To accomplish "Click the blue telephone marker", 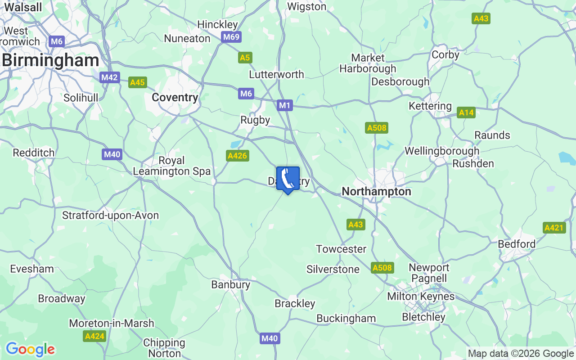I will coord(288,179).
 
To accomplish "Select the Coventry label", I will coord(175,97).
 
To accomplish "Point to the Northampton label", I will coord(376,191).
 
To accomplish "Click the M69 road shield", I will coord(231,37).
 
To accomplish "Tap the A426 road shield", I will coord(238,156).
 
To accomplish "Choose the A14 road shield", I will coord(466,112).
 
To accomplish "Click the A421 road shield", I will coord(554,228).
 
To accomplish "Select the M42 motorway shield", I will coord(109,77).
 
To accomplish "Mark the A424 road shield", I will coord(94,336).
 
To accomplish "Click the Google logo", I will coord(30,349).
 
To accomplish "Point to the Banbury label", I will coord(230,284).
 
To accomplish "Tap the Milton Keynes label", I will coord(421,297).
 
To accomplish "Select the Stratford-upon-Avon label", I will coord(110,215).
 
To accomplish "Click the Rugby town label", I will coord(255,120).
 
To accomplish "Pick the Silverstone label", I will coord(333,269).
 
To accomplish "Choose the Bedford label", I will coord(517,244).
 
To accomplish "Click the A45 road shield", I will coord(137,82).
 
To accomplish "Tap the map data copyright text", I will coord(521,354).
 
